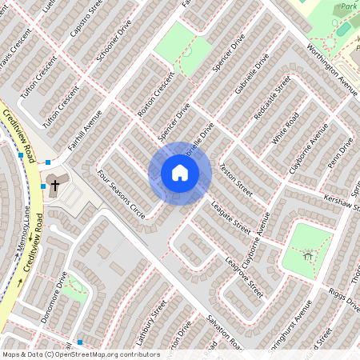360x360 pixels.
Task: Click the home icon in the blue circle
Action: click(x=180, y=173)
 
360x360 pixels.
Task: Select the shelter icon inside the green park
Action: click(x=309, y=256)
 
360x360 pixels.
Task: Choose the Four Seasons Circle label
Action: click(x=121, y=194)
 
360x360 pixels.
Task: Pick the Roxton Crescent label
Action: click(x=155, y=97)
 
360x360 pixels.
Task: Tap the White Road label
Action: click(x=285, y=129)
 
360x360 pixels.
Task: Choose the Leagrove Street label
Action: click(x=244, y=276)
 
